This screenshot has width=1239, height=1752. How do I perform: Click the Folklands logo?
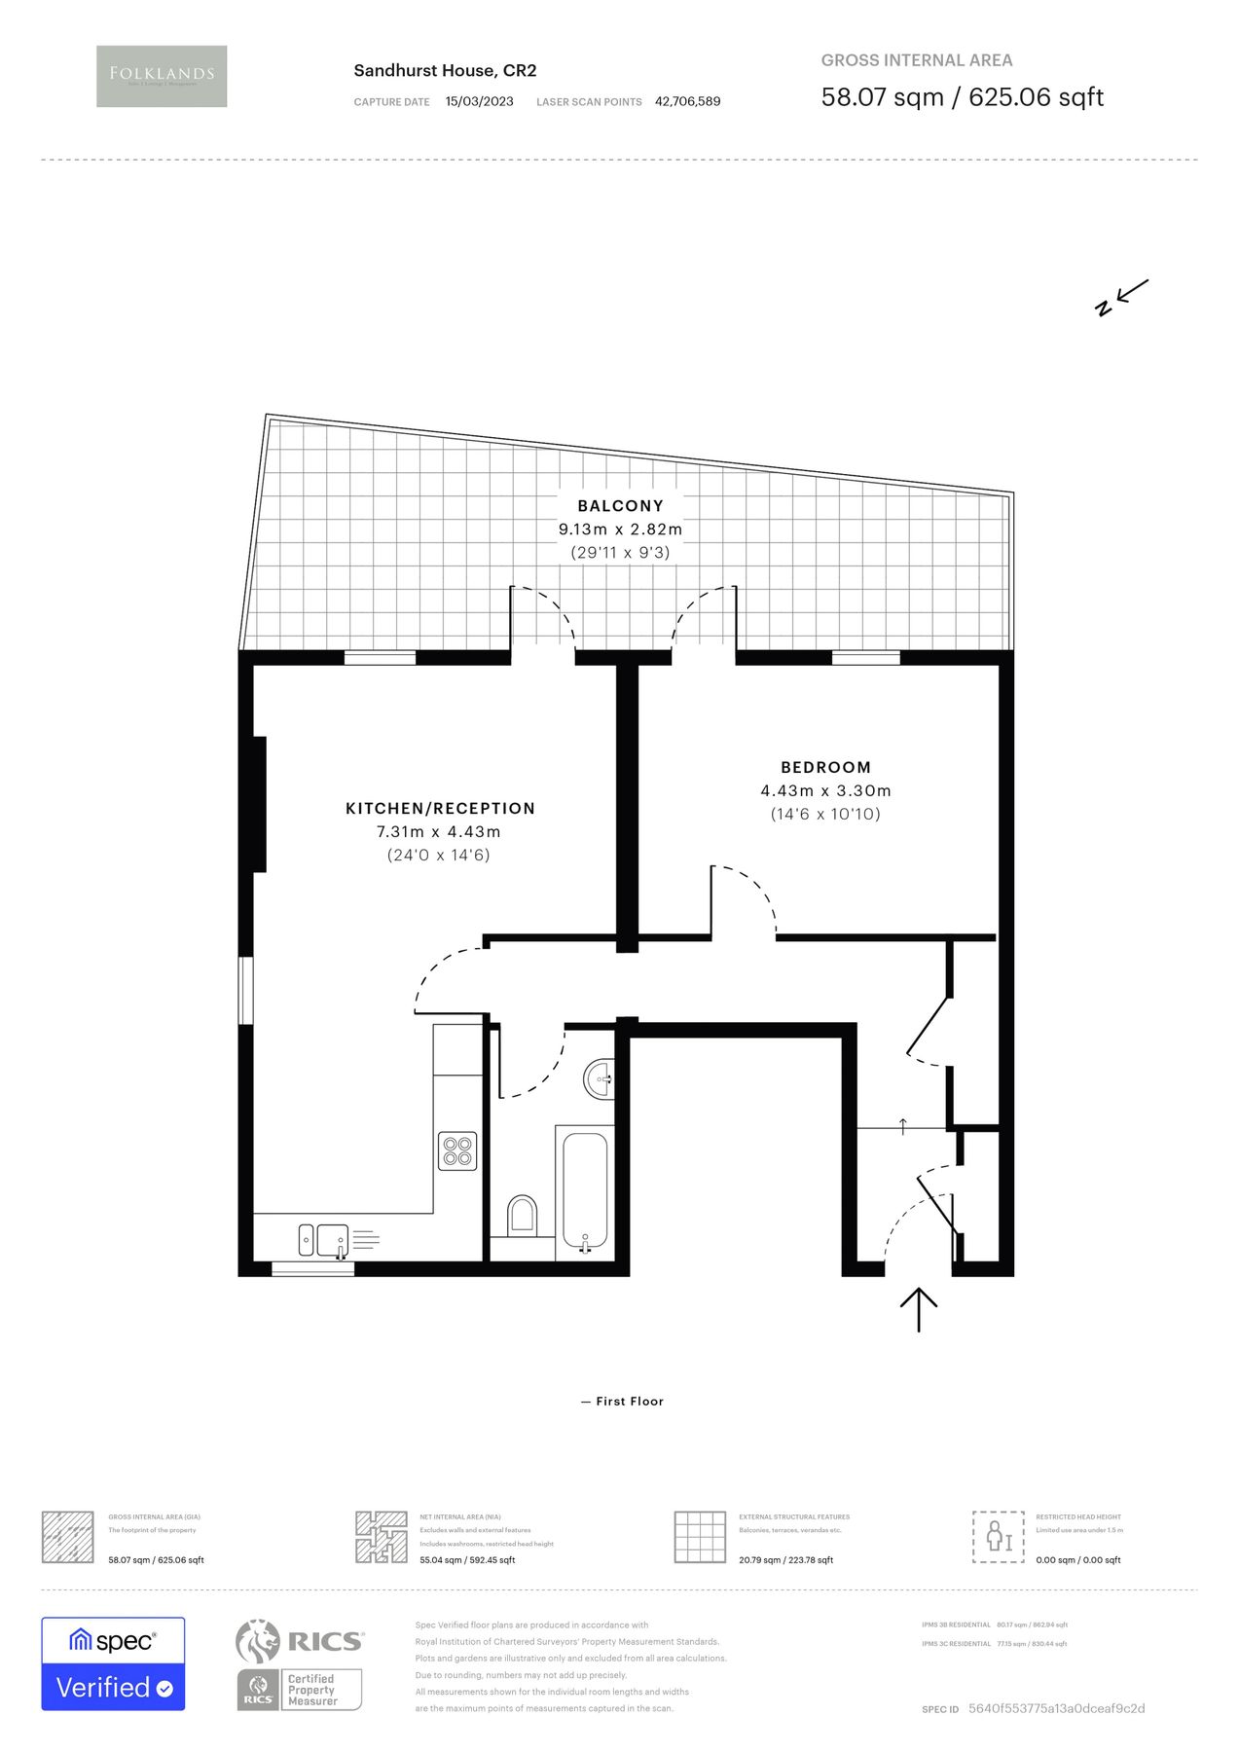coord(162,76)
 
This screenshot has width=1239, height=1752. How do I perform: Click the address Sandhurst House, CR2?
coord(445,70)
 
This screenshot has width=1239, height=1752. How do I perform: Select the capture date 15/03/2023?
coord(479,101)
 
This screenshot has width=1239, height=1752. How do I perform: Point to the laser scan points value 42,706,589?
coord(687,101)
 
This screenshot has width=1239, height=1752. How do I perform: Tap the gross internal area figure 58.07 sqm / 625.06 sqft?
coord(962,97)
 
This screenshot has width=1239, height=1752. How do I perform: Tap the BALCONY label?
coord(620,506)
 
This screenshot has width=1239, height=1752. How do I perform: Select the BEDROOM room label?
coord(825,767)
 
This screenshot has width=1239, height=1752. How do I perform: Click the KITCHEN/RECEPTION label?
coord(440,808)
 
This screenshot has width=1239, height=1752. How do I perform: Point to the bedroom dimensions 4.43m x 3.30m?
coord(825,791)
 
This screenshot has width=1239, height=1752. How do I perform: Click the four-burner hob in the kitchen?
coord(457,1150)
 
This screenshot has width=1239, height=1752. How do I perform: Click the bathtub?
coord(584,1192)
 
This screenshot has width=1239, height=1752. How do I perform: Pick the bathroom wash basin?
coord(600,1078)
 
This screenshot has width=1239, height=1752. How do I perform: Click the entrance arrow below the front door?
coord(919,1309)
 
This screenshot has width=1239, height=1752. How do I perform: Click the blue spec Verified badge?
coord(113,1663)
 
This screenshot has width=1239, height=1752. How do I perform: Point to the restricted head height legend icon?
coord(998,1537)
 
